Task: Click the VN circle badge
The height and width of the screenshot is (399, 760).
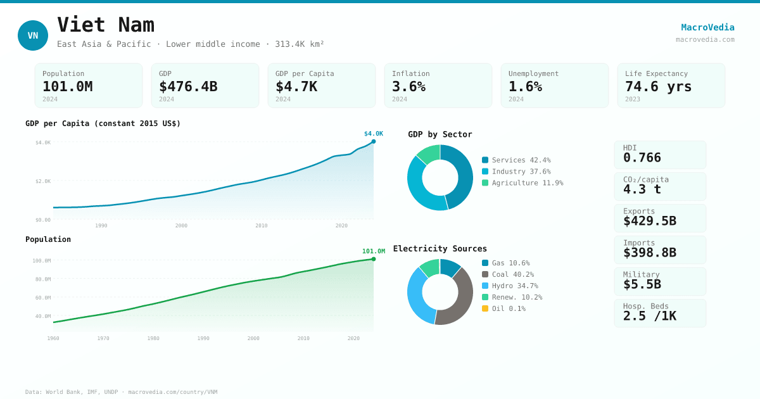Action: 33,35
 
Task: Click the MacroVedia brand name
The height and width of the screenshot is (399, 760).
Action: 707,27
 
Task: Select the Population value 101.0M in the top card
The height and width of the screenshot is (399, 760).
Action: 67,87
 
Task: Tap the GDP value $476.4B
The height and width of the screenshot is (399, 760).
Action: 188,87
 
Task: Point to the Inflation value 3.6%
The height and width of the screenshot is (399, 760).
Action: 408,87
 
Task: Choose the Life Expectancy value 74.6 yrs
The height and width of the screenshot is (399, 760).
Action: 658,87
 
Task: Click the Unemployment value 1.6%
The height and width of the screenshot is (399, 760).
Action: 525,87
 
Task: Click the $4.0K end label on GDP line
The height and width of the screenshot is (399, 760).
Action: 373,134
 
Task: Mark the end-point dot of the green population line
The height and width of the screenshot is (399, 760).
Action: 374,259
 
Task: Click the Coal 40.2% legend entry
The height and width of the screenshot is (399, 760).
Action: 512,274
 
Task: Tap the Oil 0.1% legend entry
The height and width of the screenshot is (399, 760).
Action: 508,308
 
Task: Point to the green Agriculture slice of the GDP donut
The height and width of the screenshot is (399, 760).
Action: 429,153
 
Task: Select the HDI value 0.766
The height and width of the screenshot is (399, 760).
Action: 642,158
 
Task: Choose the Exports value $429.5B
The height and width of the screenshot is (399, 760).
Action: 649,221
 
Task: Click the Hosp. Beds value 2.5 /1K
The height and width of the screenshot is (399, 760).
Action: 649,316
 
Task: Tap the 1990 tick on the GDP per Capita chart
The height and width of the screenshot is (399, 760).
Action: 101,225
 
